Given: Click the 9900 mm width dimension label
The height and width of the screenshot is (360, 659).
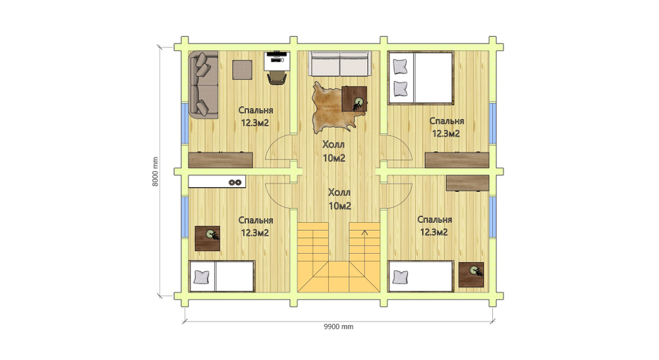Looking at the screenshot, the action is coord(338,327).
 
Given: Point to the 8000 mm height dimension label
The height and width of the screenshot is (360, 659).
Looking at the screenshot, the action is coord(156,171).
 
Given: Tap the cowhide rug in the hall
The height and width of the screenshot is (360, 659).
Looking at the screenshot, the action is coord(330,107).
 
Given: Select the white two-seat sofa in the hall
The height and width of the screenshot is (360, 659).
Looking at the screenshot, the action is coord(339,64).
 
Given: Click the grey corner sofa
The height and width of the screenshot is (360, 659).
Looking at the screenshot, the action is coord(204,84).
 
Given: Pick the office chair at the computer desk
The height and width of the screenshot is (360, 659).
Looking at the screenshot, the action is coord(277,78).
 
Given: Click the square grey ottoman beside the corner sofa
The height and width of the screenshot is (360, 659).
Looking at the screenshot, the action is coord(243,69).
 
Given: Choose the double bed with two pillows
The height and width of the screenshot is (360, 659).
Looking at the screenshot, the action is coord(421,78).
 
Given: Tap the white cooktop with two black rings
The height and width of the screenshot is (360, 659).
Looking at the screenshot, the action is coord(217,182).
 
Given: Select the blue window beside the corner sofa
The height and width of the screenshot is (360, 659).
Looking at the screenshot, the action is coord(185,123).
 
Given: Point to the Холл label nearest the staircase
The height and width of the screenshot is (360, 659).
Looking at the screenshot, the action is coord(339,193).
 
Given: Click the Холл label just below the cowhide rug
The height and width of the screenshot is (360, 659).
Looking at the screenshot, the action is coord(333,144).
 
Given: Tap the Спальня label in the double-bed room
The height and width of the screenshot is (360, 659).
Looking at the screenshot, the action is coord(447,121).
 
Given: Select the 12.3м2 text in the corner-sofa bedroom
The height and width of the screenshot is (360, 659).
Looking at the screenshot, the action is coord(255,123).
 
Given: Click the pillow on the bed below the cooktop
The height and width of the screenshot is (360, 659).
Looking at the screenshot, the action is coord(202,277).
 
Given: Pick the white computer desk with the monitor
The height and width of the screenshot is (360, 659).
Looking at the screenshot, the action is coord(277,61).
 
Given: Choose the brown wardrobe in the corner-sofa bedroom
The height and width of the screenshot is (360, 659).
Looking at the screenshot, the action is coord(221,160).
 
